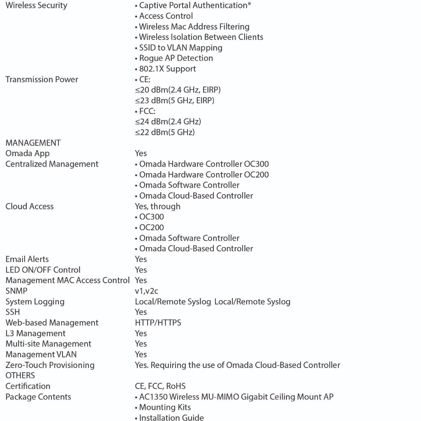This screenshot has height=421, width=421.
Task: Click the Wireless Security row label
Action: coord(36,5)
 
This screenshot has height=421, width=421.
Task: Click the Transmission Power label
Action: coord(42,79)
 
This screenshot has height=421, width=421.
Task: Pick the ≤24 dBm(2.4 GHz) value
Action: coord(168,122)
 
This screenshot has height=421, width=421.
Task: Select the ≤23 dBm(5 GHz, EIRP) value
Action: coord(174,100)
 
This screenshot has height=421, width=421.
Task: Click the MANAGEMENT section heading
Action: coord(33,143)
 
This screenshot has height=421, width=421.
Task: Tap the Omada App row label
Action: coord(28,153)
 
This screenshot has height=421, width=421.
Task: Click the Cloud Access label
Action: coord(30,206)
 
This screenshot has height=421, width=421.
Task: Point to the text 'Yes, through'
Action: coord(157,206)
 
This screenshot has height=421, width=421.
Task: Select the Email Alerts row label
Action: coord(27,259)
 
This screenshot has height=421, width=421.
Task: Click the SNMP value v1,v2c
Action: coord(146,291)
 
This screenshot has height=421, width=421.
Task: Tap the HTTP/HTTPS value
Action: coord(158,323)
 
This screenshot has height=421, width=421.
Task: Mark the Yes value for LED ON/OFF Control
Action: coord(141,270)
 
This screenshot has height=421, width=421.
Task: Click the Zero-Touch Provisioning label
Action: coord(50,365)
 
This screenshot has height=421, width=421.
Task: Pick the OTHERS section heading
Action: coord(20,375)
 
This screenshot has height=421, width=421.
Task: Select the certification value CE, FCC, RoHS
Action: coord(160,386)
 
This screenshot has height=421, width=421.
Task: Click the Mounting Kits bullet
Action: coord(165,407)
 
